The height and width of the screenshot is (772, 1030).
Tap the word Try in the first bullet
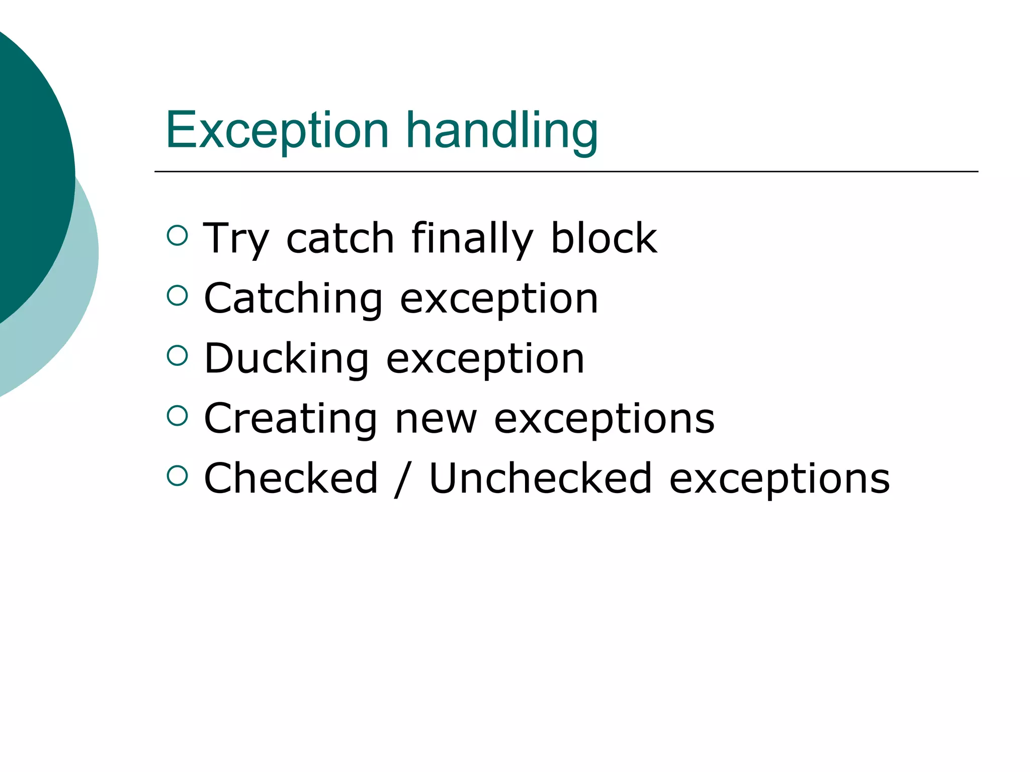click(236, 239)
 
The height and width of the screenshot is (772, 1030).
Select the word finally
click(472, 239)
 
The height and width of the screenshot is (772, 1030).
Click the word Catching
click(293, 299)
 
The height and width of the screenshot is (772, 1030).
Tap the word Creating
click(291, 419)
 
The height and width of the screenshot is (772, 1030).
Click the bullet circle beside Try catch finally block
click(177, 235)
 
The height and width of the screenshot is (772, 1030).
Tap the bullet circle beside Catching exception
click(177, 295)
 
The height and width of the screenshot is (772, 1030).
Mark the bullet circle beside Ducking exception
click(177, 355)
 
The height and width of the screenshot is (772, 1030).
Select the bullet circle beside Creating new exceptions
click(177, 415)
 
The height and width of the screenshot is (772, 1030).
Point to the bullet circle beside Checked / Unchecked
click(177, 475)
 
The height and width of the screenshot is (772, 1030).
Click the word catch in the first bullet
click(340, 239)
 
